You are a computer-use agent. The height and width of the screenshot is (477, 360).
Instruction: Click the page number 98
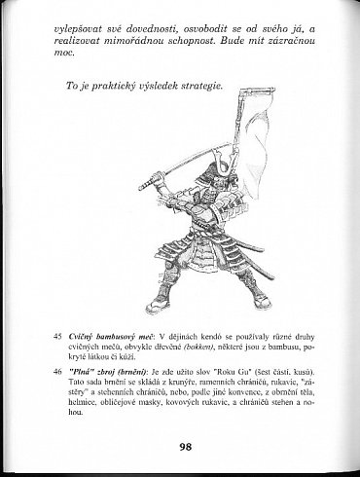click(185, 447)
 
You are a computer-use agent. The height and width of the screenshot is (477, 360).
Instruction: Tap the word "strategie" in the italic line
click(194, 85)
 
